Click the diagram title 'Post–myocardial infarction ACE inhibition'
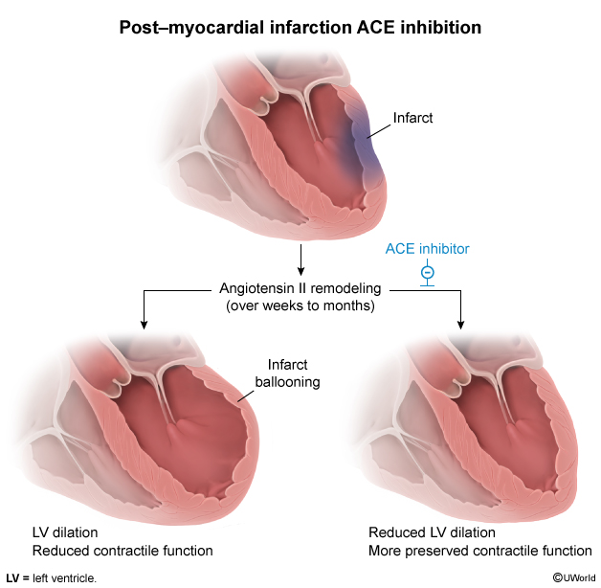click(300, 27)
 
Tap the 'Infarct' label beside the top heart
click(413, 119)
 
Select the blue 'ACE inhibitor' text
click(428, 248)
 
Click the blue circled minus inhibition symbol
click(428, 270)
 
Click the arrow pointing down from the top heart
click(301, 260)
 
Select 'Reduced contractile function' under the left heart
click(122, 551)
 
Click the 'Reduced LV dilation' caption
click(432, 532)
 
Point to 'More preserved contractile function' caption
click(479, 551)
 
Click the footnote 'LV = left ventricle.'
click(52, 577)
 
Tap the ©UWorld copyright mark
click(573, 577)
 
